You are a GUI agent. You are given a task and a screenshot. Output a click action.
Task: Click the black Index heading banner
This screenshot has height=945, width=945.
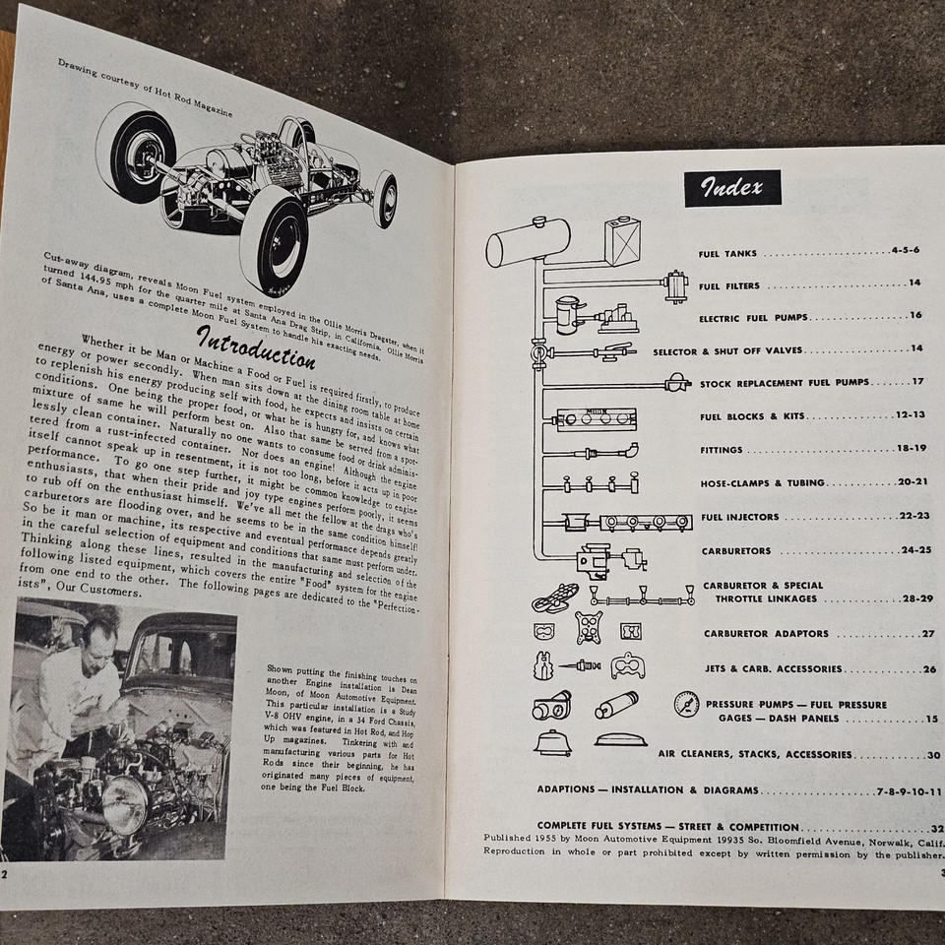[x=732, y=187]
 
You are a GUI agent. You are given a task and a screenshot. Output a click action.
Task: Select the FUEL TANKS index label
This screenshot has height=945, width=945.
[x=728, y=254]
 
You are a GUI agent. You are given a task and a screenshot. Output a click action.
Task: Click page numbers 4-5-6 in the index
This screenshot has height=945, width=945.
[x=904, y=251]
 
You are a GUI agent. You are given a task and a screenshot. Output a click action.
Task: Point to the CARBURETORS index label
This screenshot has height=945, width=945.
[x=737, y=551]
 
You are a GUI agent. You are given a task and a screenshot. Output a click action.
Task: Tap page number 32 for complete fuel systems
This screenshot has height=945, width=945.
[x=936, y=827]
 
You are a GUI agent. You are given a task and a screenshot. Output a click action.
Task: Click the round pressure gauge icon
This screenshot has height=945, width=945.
[x=687, y=705]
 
